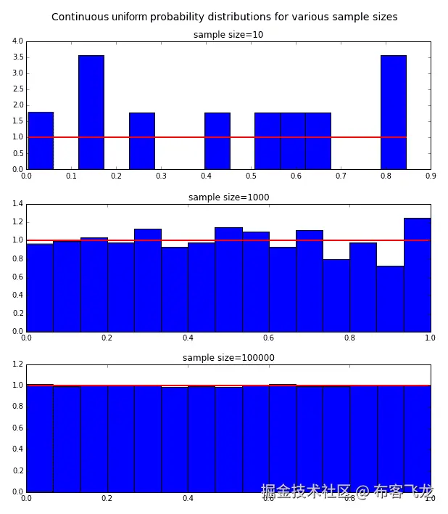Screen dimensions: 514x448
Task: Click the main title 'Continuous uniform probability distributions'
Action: coord(224,17)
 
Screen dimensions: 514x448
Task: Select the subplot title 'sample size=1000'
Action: coord(228,197)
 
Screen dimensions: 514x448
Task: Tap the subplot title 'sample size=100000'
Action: coord(228,358)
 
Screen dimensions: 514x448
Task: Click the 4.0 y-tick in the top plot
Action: coord(17,41)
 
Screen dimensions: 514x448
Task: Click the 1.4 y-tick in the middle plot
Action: coord(17,204)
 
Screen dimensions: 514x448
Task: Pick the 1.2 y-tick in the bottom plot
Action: coord(17,364)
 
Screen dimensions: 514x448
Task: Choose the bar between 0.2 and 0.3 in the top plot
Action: coord(141,141)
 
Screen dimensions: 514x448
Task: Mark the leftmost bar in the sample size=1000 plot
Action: coord(40,287)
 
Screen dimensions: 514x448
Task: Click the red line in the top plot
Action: coord(217,137)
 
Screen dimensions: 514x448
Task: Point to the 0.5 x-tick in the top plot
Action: coord(251,176)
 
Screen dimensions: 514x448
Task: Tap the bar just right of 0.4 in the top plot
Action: coord(217,141)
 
